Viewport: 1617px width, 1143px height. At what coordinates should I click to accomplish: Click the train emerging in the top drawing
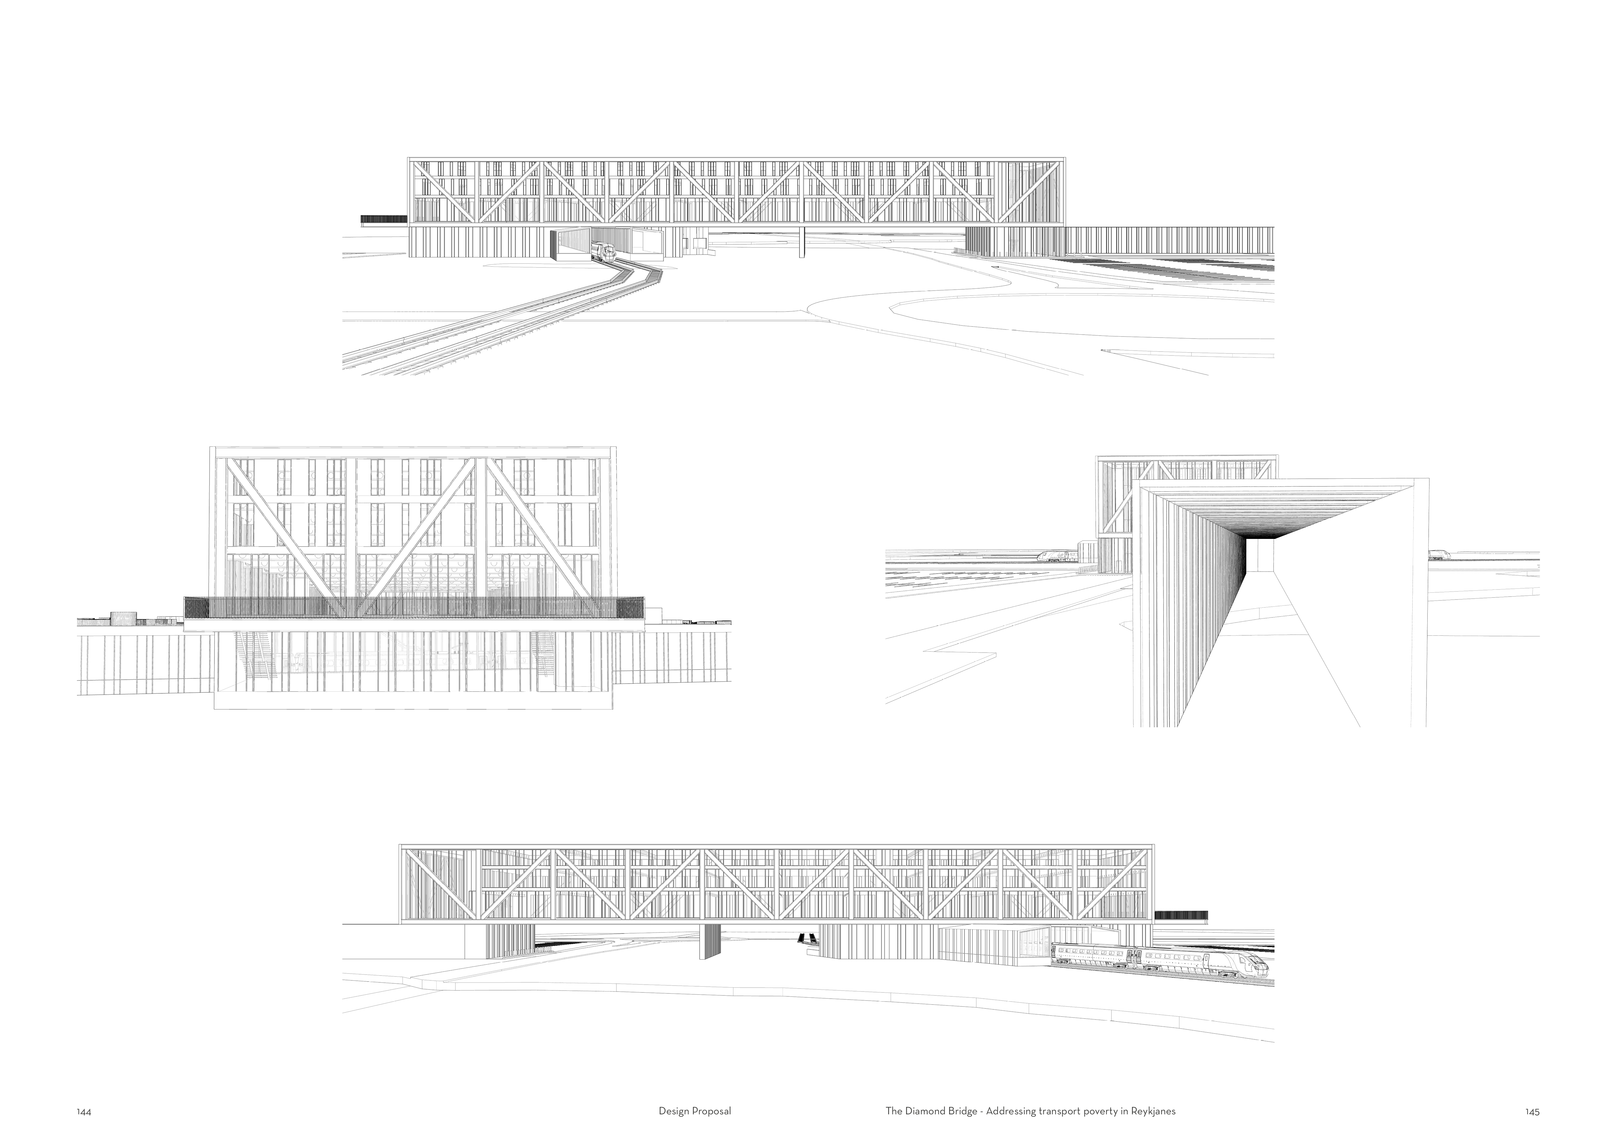click(x=602, y=251)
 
